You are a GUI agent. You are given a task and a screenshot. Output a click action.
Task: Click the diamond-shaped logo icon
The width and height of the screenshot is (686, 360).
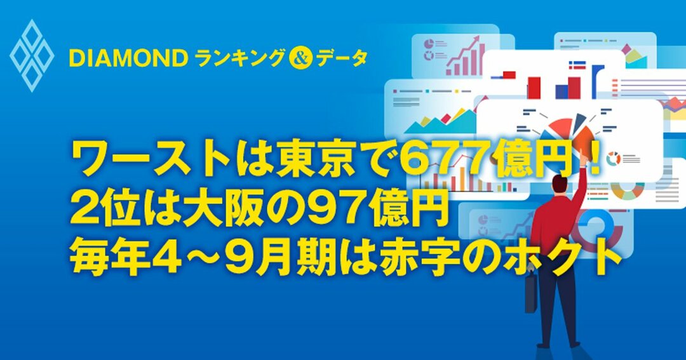[x=31, y=55]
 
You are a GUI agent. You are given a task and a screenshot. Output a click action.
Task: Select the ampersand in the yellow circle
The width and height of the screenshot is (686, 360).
[x=297, y=59]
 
